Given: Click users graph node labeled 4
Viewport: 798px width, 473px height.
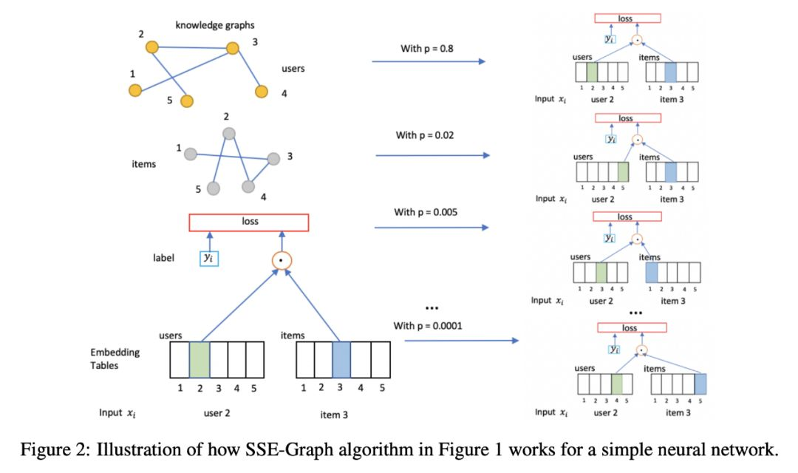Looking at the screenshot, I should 261,92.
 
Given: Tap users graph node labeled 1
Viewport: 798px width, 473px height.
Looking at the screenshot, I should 134,90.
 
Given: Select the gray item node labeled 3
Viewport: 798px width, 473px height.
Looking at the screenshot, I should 274,158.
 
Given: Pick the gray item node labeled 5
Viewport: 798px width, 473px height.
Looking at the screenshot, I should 214,188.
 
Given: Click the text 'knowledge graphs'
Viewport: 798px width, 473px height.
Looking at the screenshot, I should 215,25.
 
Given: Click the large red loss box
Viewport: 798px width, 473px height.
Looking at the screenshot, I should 248,222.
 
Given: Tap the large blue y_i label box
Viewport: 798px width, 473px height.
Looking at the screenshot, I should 209,259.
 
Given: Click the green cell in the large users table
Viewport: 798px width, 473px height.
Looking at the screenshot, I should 199,360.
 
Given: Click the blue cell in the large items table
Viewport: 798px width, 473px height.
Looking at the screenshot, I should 341,360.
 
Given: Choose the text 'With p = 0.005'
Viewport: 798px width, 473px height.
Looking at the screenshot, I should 426,211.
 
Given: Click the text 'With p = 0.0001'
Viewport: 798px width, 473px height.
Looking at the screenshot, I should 429,325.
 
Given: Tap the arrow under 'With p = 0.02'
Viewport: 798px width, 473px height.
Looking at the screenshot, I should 432,155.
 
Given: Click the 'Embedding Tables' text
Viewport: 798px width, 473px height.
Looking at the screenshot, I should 115,358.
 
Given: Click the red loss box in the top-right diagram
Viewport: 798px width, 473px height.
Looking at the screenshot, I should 626,18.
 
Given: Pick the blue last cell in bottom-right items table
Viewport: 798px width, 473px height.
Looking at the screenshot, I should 700,384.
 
